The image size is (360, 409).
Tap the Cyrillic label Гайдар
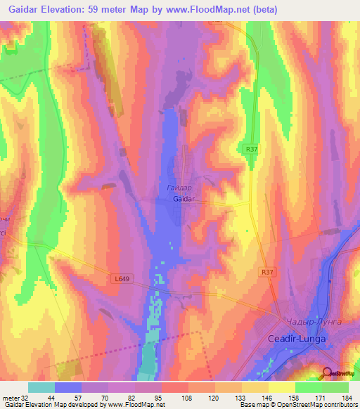pyautogui.click(x=180, y=188)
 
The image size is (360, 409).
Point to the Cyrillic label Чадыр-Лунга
pyautogui.click(x=314, y=321)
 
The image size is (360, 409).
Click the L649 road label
pyautogui.click(x=122, y=278)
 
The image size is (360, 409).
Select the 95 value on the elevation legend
pyautogui.click(x=169, y=397)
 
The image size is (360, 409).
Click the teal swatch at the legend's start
pyautogui.click(x=41, y=387)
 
